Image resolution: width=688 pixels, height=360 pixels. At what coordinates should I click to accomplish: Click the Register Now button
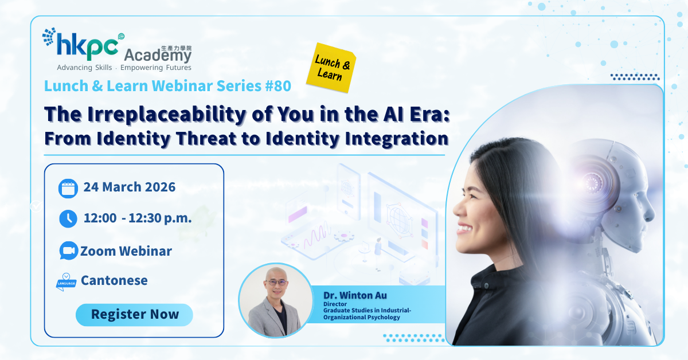(134, 315)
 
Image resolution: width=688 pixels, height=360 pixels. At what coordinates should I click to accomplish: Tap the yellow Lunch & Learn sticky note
(332, 68)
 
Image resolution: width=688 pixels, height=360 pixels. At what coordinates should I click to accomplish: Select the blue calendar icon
(68, 188)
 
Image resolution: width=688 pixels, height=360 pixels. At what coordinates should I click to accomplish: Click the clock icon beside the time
(68, 219)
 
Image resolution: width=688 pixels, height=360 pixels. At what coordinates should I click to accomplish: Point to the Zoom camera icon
(68, 251)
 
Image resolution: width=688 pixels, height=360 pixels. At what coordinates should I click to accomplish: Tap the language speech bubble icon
(66, 281)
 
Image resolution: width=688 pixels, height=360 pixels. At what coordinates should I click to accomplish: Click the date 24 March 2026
(130, 187)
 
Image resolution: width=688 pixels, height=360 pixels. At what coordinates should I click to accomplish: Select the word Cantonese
(114, 280)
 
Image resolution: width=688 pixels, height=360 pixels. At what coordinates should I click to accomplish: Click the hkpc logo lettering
(87, 46)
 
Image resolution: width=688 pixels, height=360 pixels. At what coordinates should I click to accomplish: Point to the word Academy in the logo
(158, 55)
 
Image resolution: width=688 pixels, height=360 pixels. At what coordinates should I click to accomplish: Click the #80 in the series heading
(278, 86)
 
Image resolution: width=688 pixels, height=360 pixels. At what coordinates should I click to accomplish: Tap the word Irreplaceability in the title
(167, 115)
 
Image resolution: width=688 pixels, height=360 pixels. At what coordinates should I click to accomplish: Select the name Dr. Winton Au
(355, 295)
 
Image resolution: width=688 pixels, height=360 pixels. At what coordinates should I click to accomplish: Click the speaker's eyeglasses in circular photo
(276, 282)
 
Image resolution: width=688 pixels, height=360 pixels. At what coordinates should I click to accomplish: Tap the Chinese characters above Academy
(177, 48)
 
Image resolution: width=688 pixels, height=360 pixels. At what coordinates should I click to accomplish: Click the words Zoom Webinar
(126, 251)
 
